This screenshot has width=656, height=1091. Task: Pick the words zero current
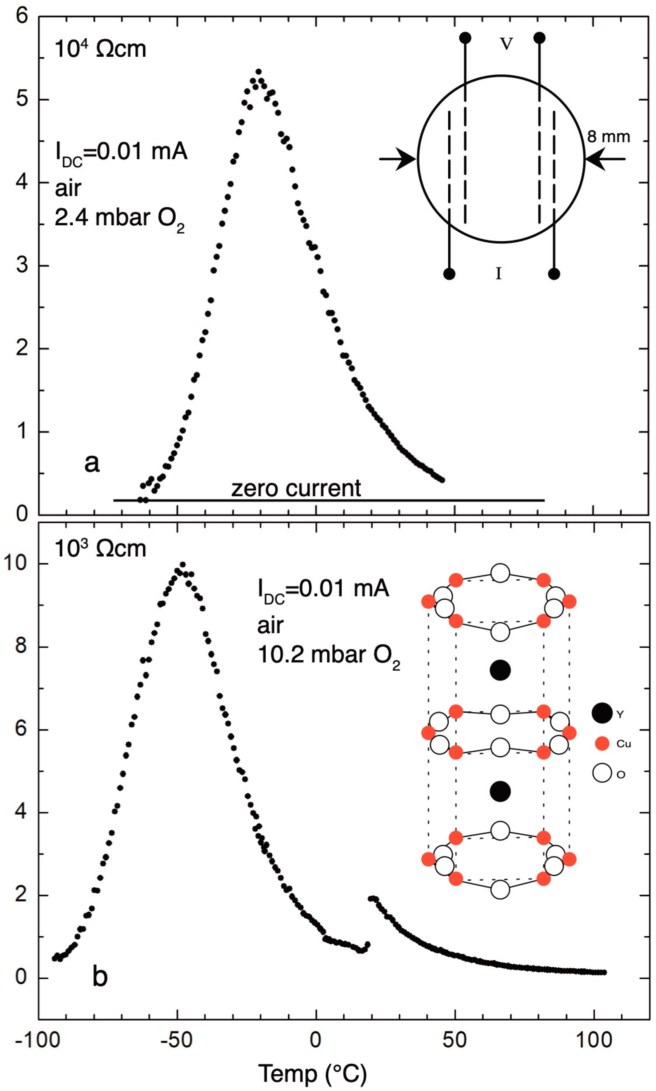coord(296,488)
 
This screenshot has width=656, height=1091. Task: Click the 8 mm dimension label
coord(608,137)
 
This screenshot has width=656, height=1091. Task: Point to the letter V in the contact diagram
coord(506,43)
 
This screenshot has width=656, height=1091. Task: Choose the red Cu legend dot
coord(602,743)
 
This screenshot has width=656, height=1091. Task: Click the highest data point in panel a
coord(259,72)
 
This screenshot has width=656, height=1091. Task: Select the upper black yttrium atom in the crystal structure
coord(500,670)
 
